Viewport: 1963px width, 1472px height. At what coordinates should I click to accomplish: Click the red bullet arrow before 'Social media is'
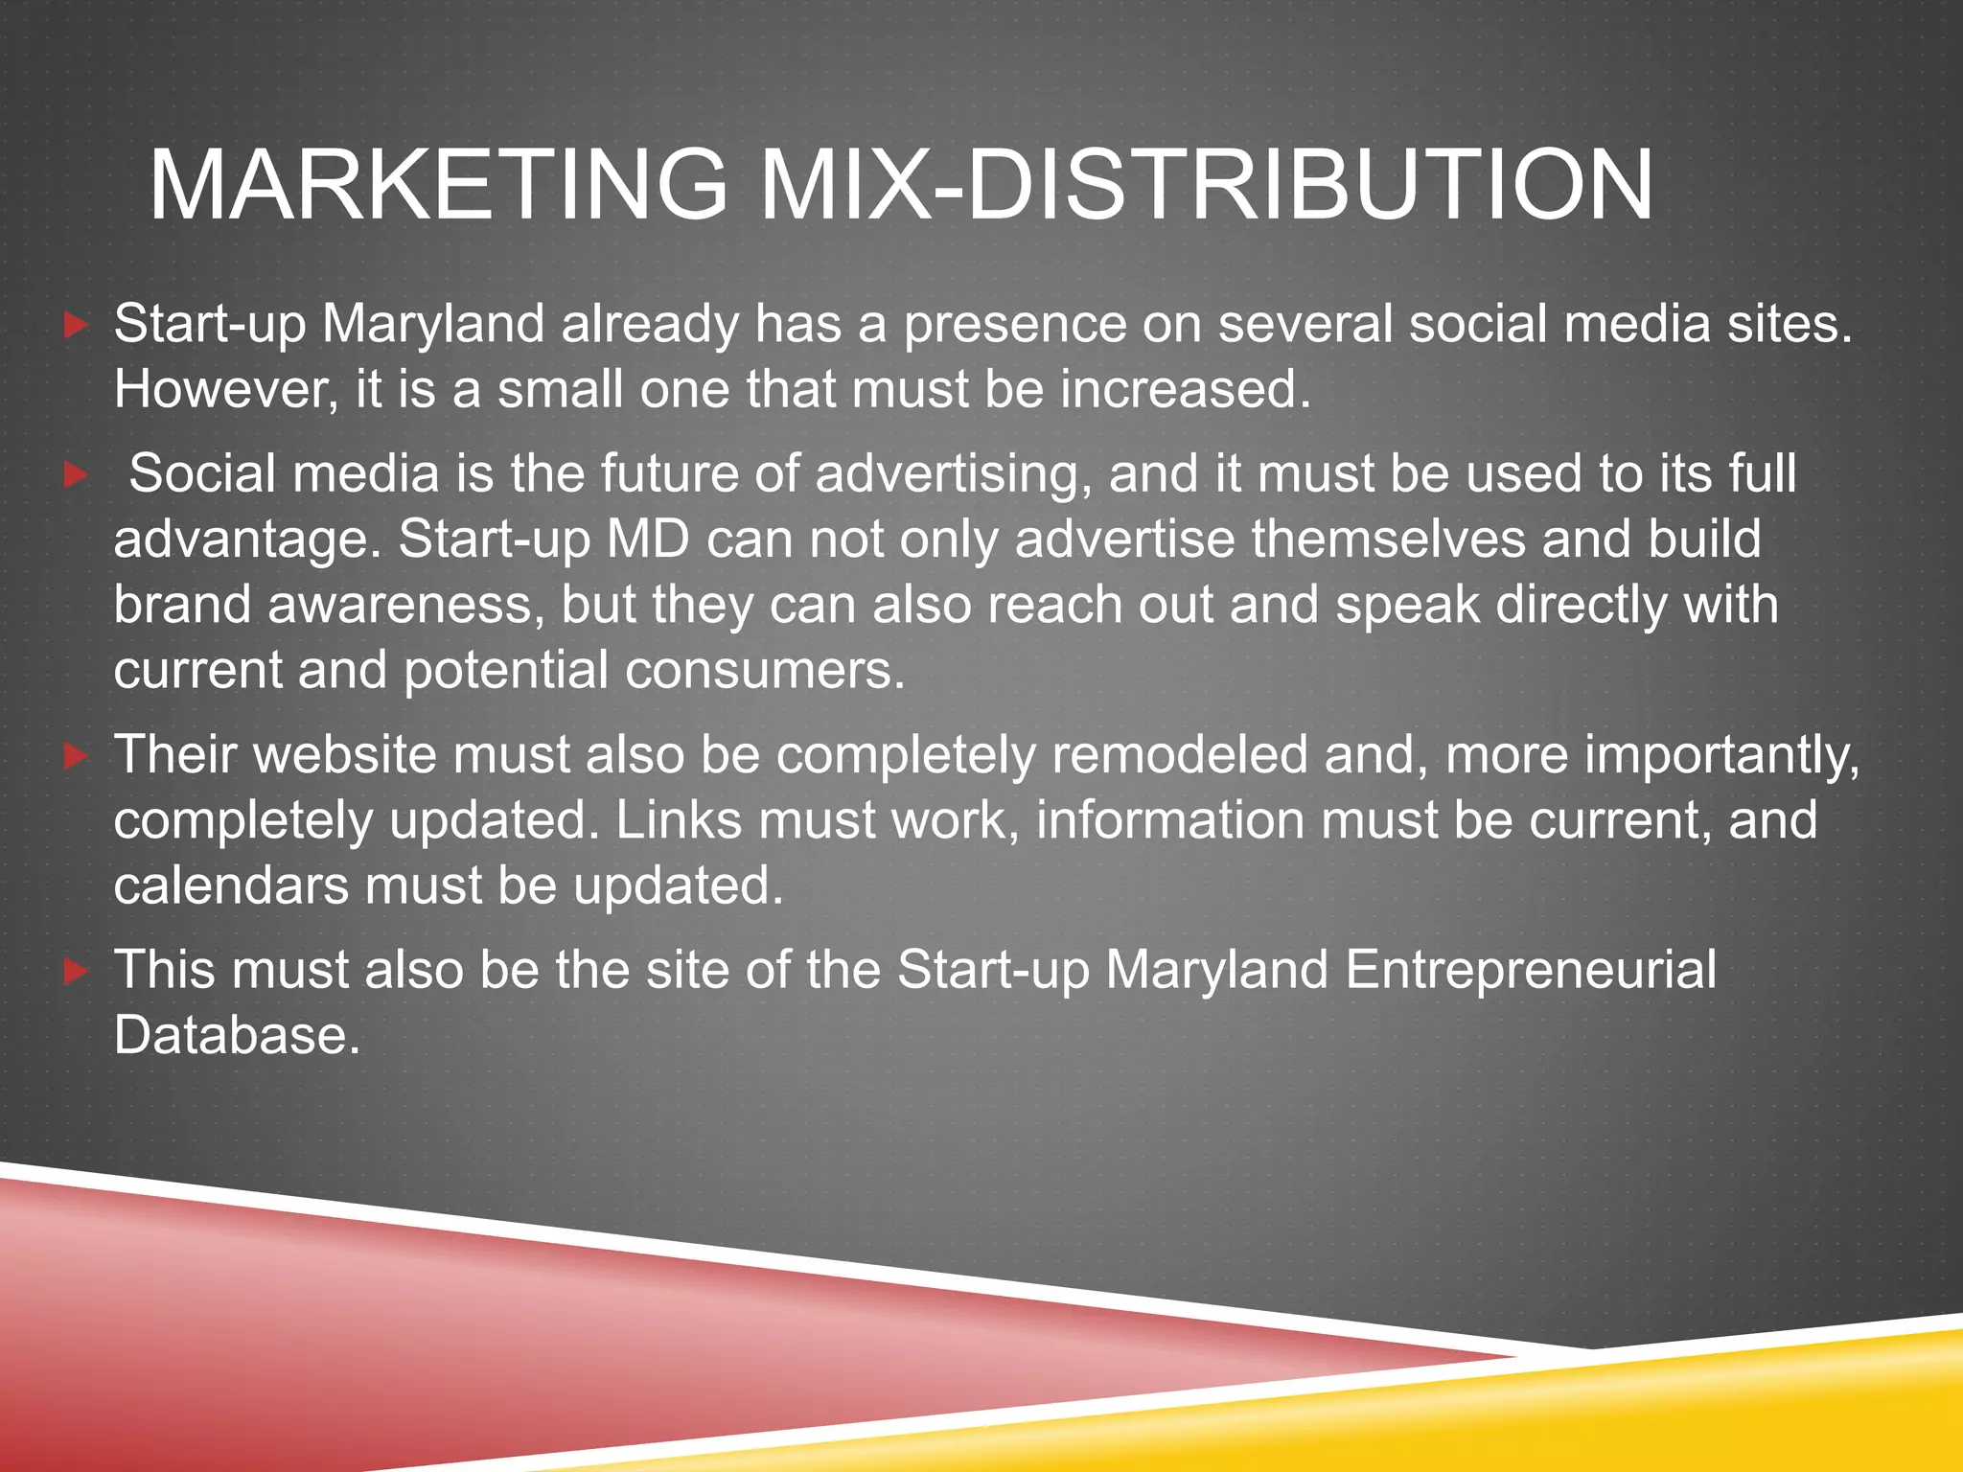76,475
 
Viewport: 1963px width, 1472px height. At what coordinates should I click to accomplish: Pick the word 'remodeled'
1179,755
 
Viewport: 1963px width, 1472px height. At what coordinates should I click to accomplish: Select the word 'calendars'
231,885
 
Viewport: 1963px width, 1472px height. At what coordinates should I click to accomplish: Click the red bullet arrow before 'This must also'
76,973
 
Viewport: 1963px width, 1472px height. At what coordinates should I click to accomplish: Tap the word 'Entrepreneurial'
1530,970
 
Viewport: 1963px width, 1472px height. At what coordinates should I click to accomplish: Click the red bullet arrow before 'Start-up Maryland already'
76,326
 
